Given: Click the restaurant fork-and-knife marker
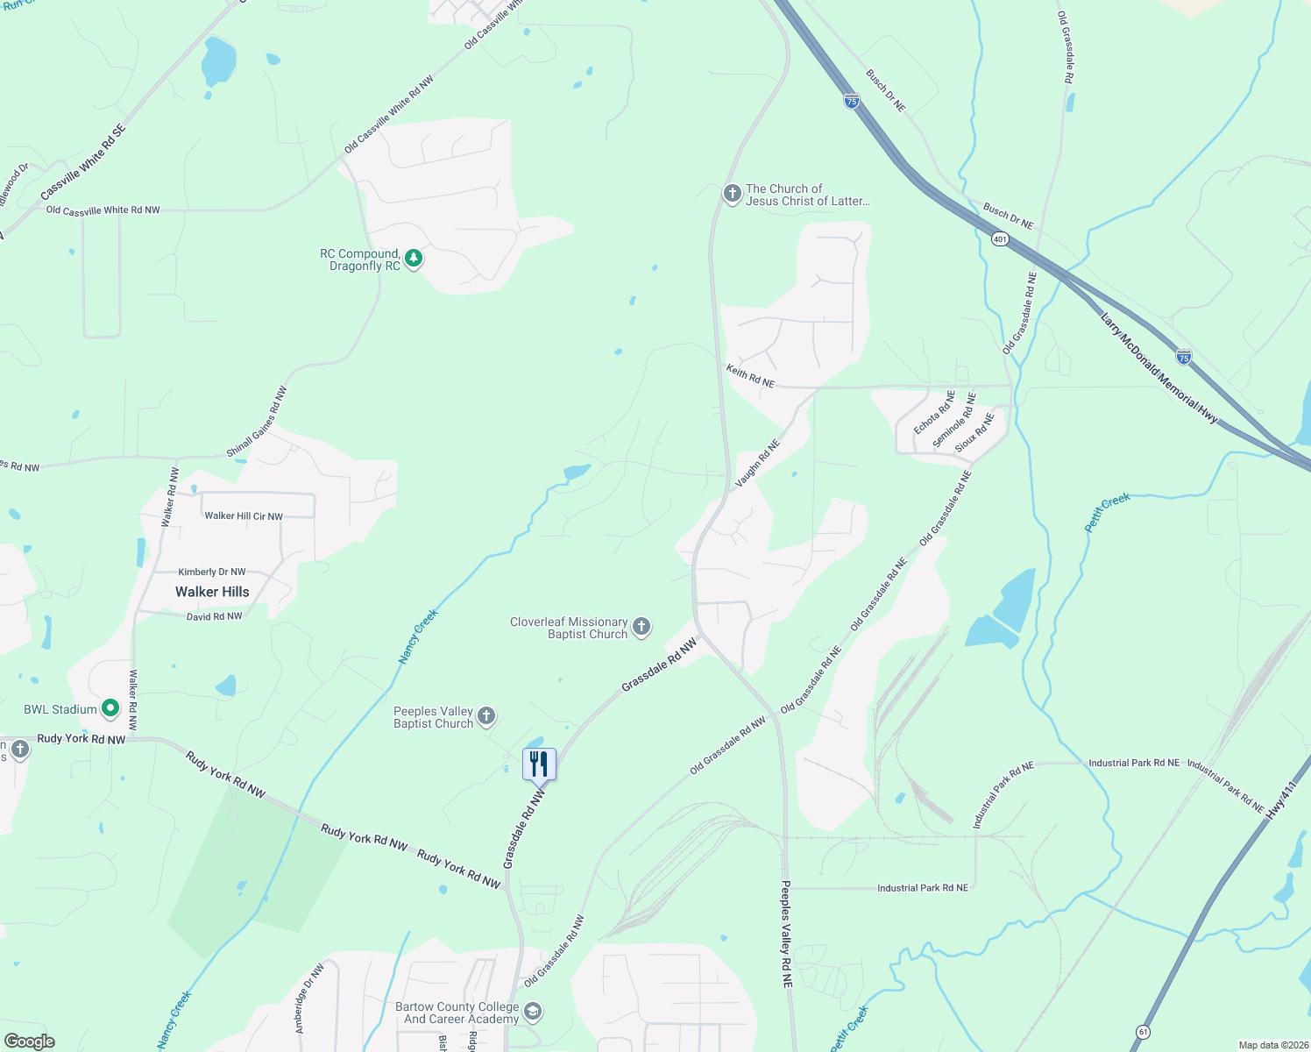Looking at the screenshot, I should (539, 764).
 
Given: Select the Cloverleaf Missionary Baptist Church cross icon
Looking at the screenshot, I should (641, 627).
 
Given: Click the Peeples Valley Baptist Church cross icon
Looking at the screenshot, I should (486, 717).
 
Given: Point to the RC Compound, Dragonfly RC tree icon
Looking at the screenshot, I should (414, 259).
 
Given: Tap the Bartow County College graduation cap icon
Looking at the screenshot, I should (532, 1013).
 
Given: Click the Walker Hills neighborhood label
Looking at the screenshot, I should (212, 592).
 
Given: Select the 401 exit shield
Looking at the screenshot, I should (1000, 238).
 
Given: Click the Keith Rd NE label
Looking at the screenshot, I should (750, 377).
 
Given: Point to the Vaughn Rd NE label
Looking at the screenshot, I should (757, 463).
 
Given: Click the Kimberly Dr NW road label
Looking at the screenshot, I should (212, 572).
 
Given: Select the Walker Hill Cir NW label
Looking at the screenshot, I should (244, 515).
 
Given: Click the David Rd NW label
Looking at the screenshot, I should (214, 616).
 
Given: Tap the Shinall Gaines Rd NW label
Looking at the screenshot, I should (256, 422).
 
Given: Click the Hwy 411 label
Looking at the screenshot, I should (1280, 803).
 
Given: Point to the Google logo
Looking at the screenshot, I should (30, 1041).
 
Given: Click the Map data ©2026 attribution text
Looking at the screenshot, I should (1272, 1045).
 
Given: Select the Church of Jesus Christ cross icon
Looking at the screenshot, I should (732, 194).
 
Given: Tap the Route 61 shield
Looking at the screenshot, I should (1142, 1032).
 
